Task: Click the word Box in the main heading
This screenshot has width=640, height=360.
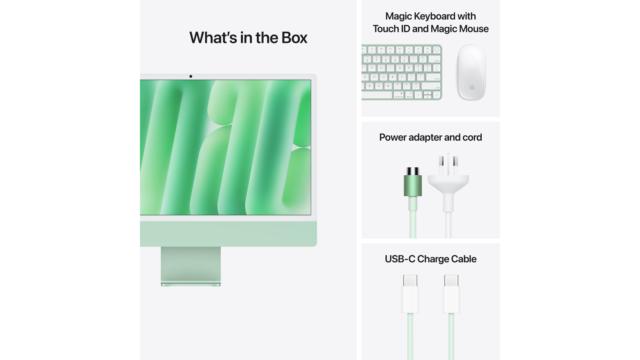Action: coord(294,38)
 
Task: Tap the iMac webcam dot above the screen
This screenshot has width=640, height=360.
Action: coord(191,76)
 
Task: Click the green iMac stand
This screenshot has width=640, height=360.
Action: coord(191,265)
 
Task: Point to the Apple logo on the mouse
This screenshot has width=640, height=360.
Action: coord(472,87)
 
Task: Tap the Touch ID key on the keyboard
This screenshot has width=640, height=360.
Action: coord(436,50)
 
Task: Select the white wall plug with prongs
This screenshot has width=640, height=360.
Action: coord(448,179)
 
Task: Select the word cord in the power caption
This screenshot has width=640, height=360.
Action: coord(472,137)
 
